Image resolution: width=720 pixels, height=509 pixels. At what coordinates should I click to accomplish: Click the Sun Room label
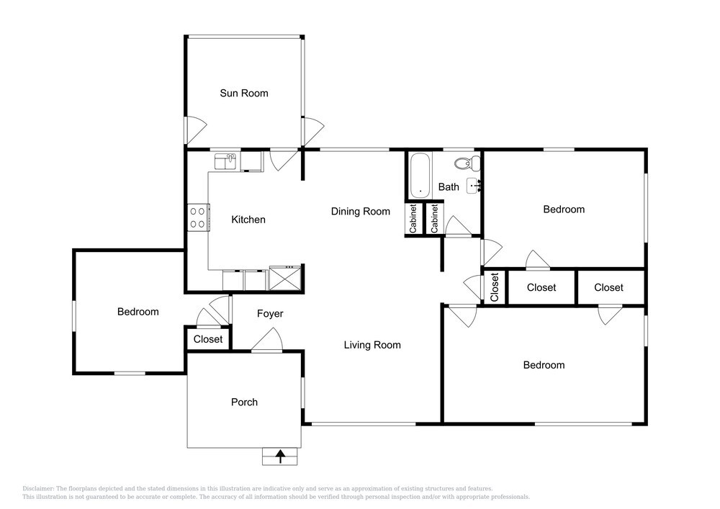(x=244, y=93)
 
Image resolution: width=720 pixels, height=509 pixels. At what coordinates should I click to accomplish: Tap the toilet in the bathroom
(x=467, y=163)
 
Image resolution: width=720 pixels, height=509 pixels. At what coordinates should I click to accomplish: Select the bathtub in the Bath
(x=420, y=176)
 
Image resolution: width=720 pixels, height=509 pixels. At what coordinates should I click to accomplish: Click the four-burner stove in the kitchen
(x=199, y=217)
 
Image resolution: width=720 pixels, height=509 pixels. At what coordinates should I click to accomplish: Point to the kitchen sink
(x=225, y=161)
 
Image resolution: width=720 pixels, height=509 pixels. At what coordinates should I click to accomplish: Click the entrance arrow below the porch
(x=280, y=456)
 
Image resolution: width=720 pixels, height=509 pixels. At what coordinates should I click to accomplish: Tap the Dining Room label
(x=361, y=212)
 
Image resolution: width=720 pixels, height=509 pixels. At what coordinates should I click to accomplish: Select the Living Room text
(x=372, y=345)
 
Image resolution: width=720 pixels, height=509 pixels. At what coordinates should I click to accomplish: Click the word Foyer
(x=270, y=314)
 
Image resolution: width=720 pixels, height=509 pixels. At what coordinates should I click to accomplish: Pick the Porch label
(x=244, y=402)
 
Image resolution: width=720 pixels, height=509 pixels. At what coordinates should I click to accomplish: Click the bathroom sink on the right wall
(x=474, y=186)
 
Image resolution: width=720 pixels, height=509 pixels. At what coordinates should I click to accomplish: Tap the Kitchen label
(x=248, y=220)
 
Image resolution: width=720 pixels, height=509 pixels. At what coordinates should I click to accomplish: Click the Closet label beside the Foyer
(x=208, y=339)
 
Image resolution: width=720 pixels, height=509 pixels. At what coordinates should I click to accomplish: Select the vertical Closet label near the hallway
(x=495, y=287)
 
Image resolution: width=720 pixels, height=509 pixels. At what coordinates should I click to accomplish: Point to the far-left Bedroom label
(x=138, y=312)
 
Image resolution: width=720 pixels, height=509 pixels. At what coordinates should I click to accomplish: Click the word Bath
(x=449, y=187)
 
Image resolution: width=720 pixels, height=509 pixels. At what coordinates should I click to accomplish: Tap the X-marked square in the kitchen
(x=284, y=278)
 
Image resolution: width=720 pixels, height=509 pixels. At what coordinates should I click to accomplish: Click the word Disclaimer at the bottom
(x=38, y=489)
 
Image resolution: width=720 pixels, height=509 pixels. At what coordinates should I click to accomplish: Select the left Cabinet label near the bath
(x=413, y=219)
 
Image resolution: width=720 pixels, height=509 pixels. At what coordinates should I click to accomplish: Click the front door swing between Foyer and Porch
(x=267, y=340)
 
